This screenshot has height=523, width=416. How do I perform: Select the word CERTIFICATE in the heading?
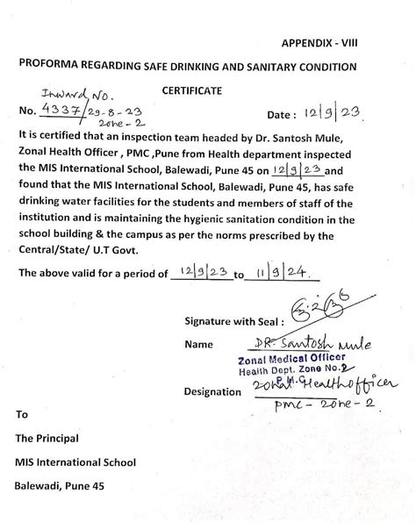[192, 90]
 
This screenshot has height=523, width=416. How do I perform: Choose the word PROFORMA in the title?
[53, 67]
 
